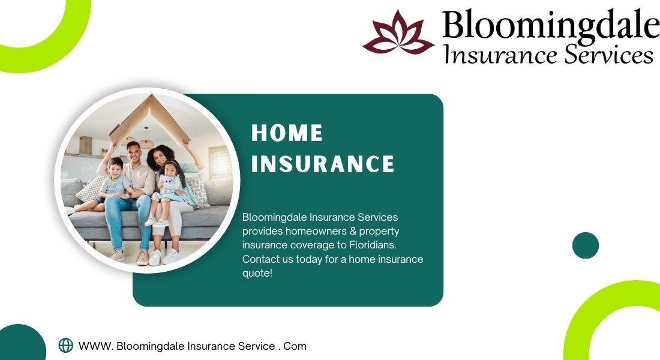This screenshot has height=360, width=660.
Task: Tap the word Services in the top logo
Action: pos(608,55)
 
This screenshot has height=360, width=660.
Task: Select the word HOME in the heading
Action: pos(287,133)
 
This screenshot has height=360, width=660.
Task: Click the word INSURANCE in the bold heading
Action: pos(323,164)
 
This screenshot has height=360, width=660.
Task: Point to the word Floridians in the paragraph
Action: pos(373,245)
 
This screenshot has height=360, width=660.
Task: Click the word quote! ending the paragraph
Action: pos(257,273)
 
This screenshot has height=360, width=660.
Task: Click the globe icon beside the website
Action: pos(65,345)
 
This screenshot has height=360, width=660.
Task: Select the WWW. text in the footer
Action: pos(96,346)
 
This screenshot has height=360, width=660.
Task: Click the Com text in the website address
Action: pos(295,346)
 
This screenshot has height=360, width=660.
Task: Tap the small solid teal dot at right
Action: pos(586,245)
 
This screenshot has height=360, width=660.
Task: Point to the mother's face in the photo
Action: pos(160,157)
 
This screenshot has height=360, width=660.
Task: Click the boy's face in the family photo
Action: pos(115,167)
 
